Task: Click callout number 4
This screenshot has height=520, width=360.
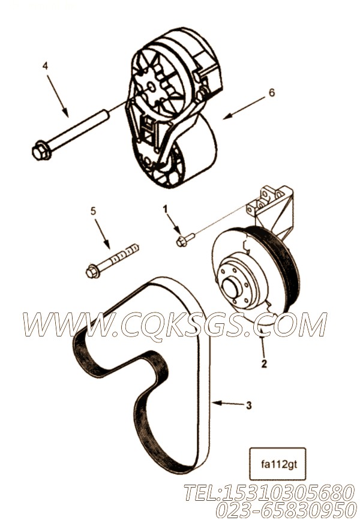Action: tap(46, 66)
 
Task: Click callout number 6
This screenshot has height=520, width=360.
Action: tap(272, 92)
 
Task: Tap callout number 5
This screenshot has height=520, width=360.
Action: tap(94, 211)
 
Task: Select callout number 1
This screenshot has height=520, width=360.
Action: tap(165, 209)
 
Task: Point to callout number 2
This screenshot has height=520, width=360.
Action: tap(264, 364)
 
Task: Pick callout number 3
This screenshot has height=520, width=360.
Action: tap(249, 405)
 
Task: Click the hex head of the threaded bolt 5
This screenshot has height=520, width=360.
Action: tap(92, 271)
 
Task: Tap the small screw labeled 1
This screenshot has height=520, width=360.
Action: tap(185, 239)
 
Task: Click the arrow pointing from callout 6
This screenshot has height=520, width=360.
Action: tap(244, 107)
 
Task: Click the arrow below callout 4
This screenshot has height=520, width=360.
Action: tap(58, 96)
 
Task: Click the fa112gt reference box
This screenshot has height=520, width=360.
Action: tap(277, 464)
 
